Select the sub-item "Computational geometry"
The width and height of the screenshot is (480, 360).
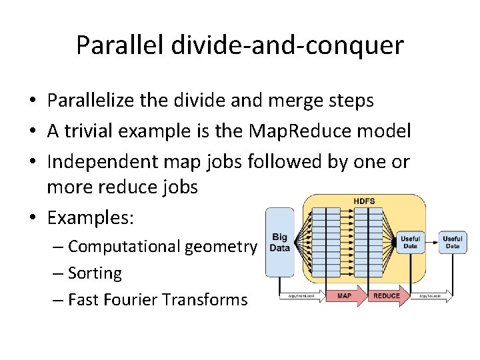tap(162, 247)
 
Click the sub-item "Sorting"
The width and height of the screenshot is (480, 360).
tap(95, 273)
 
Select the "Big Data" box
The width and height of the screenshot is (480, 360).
tap(279, 242)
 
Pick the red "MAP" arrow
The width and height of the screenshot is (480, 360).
tap(343, 295)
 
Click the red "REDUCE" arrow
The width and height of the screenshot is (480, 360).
tap(387, 295)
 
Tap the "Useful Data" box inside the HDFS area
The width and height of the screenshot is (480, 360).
tap(409, 242)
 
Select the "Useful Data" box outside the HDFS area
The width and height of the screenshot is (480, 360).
tap(453, 242)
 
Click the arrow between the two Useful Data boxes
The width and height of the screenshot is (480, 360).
tap(431, 242)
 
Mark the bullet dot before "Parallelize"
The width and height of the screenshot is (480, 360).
tap(32, 101)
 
